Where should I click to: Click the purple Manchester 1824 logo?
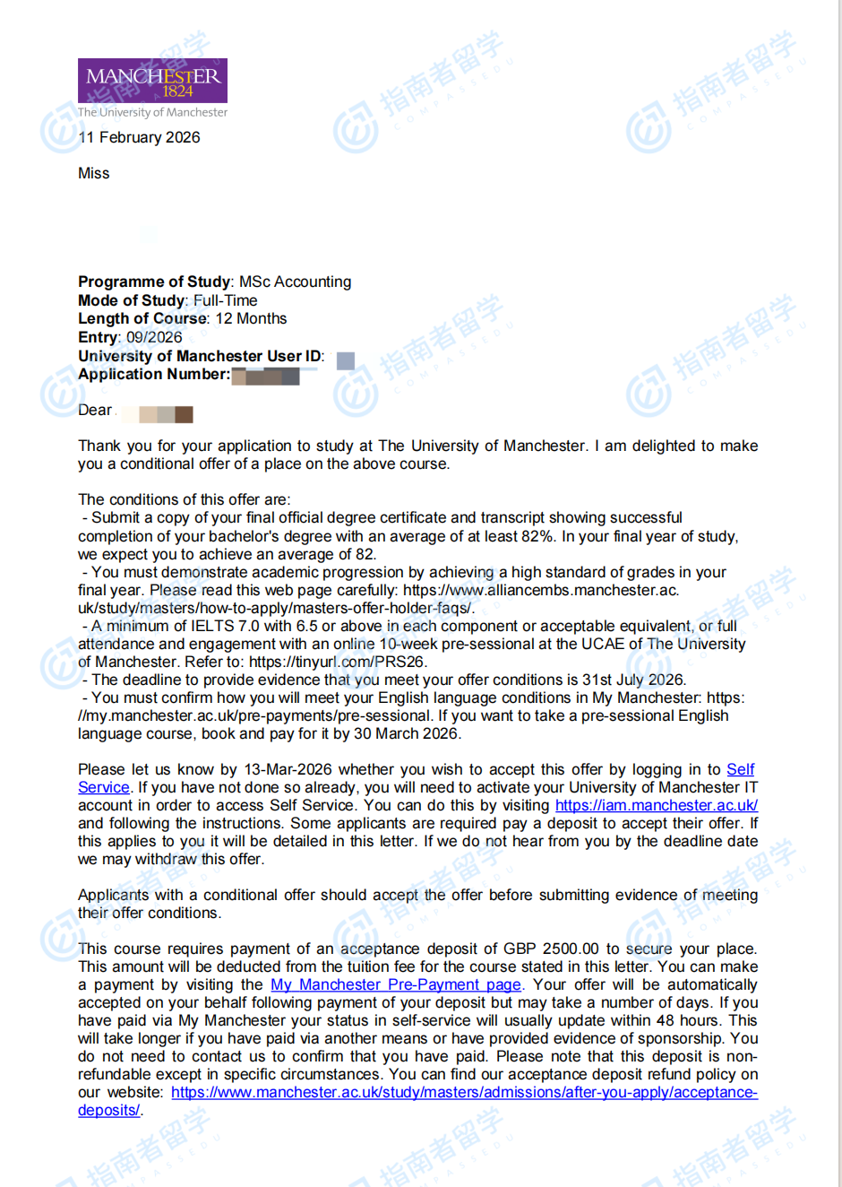(x=152, y=81)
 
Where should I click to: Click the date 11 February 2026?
(x=139, y=137)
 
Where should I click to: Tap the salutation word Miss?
(x=93, y=173)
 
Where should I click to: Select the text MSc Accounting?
(x=295, y=282)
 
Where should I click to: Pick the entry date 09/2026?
(x=154, y=337)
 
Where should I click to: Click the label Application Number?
(x=153, y=374)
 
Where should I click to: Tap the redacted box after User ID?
(x=345, y=360)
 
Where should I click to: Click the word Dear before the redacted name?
(x=95, y=410)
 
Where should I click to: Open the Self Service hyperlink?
(x=740, y=769)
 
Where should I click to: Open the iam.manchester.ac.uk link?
(x=656, y=805)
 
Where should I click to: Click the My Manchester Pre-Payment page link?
(x=395, y=984)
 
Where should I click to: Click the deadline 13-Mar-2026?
(x=288, y=769)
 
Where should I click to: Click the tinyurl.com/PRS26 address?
(x=337, y=662)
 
